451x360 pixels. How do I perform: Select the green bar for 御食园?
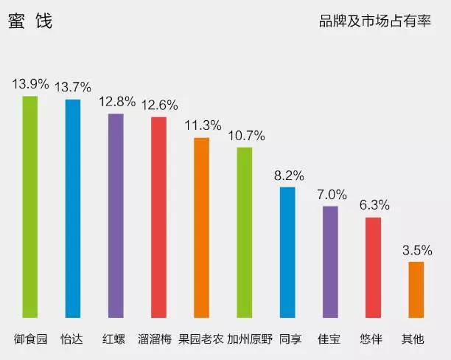point(29,210)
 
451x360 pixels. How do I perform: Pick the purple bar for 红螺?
point(116,219)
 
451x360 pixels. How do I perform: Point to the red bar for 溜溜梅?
point(158,221)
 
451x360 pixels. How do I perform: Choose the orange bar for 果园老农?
point(201,231)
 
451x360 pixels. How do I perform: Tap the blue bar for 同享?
point(287,256)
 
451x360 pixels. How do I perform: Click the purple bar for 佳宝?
point(330,266)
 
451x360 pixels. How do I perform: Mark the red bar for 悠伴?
point(373,271)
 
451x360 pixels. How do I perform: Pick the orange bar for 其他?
point(416,294)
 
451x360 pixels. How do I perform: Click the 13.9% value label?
point(29,83)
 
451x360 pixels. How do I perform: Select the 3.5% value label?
point(416,249)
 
